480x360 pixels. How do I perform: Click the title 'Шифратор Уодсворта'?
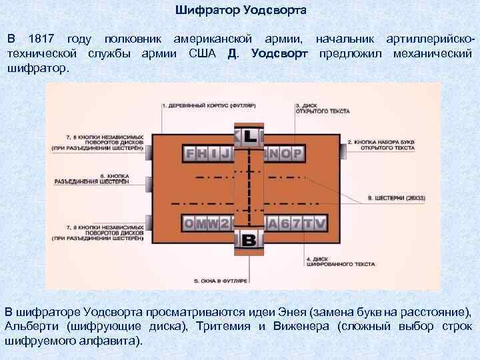coord(241,11)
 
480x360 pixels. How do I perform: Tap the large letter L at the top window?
coord(249,137)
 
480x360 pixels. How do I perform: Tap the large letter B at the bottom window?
coord(249,240)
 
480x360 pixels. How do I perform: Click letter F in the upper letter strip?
coord(191,155)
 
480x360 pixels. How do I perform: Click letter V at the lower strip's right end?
coord(321,224)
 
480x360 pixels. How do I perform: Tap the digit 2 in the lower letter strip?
coord(225,224)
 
